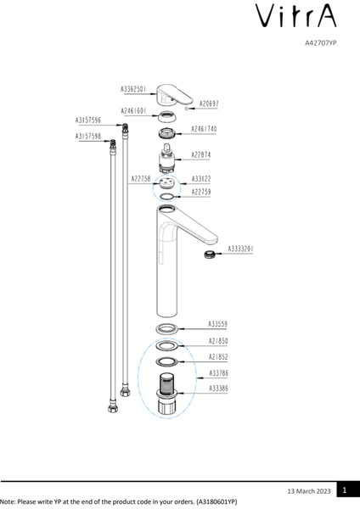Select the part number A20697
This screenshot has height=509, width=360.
[209, 103]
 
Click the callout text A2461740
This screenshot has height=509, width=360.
[204, 130]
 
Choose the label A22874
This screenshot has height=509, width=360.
[201, 155]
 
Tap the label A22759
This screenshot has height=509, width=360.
[201, 193]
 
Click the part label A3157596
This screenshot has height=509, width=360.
[88, 120]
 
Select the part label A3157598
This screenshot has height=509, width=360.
[88, 136]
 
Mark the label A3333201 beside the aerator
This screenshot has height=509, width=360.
[241, 249]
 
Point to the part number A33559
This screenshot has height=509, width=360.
[218, 324]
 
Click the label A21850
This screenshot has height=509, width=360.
[218, 341]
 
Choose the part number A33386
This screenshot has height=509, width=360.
[218, 387]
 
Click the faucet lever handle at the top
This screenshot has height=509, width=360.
[172, 92]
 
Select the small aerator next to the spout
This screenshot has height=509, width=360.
[207, 254]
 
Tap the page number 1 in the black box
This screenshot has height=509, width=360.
[345, 490]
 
